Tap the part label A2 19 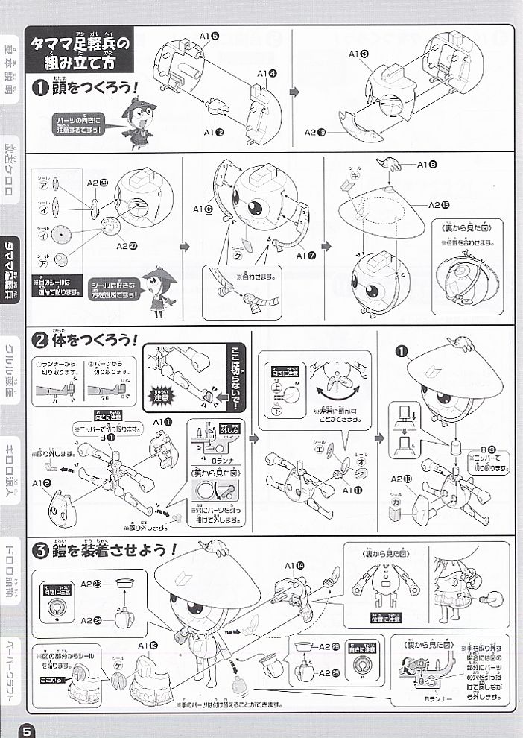point(314,132)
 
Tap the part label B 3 point(490,449)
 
